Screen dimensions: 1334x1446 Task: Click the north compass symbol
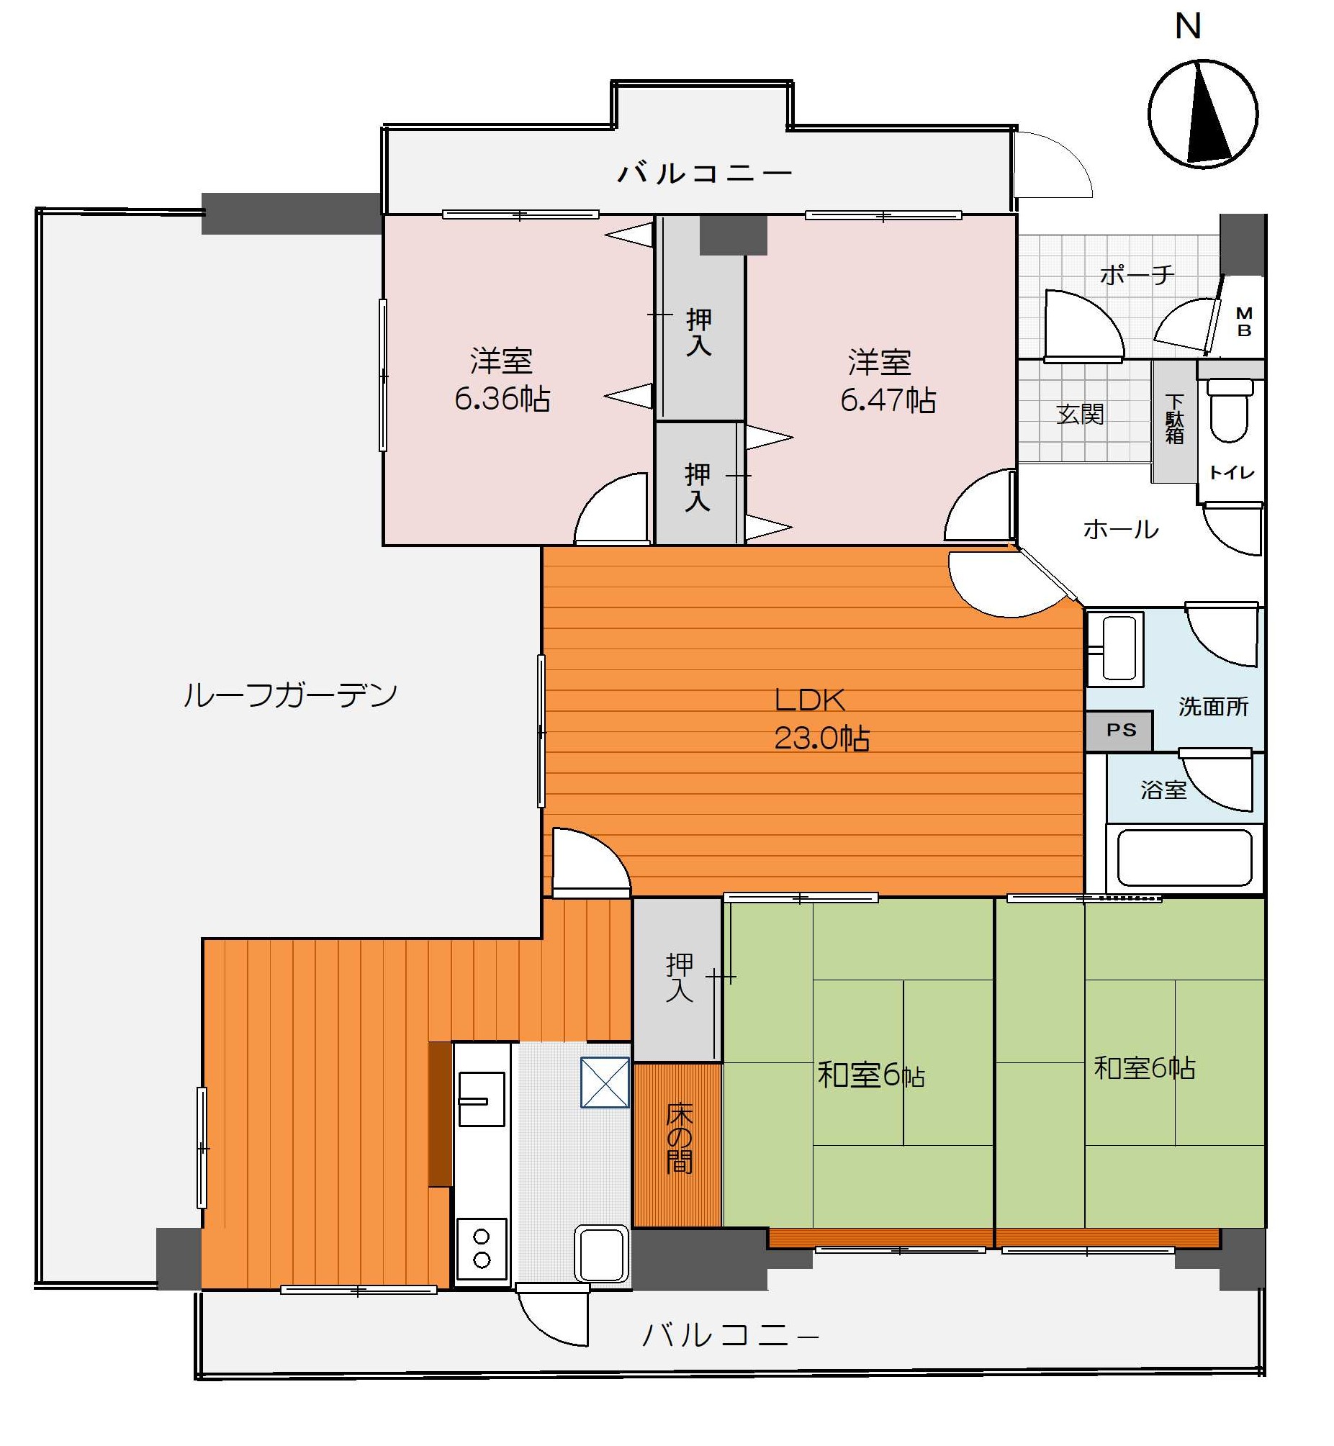(1203, 114)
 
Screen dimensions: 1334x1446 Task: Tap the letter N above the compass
(1187, 27)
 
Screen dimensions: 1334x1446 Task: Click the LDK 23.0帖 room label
(821, 718)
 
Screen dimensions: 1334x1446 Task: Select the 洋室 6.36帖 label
(502, 379)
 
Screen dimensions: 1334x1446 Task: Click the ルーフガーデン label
(290, 695)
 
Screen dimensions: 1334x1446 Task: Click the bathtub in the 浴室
(1184, 858)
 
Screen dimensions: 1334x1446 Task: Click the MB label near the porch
(1244, 322)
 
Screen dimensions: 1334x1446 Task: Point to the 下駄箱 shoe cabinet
(1173, 420)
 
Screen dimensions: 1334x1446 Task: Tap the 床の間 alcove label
(679, 1140)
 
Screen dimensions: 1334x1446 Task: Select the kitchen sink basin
(482, 1098)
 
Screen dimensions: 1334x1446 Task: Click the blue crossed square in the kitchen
(605, 1083)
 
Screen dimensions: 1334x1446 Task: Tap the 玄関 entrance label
(1080, 414)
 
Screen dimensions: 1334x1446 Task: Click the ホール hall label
(1120, 530)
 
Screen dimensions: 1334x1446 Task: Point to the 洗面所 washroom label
(1214, 706)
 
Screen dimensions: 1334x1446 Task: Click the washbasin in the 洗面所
(1115, 648)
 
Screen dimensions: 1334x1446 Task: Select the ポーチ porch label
(1137, 274)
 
